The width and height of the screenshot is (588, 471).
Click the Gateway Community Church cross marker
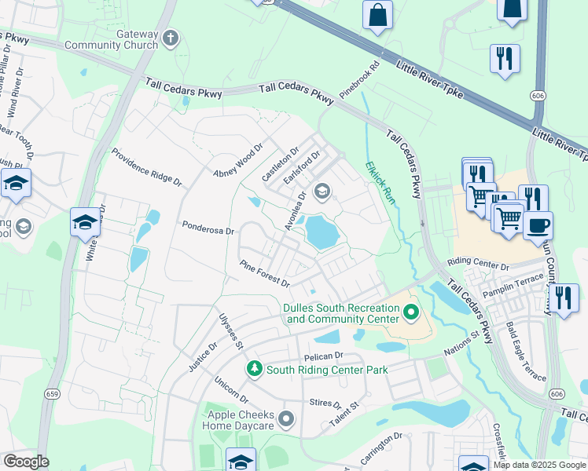pyautogui.click(x=171, y=38)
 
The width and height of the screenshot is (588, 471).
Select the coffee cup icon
pyautogui.click(x=538, y=225)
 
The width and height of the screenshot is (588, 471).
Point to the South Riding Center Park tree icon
pyautogui.click(x=254, y=368)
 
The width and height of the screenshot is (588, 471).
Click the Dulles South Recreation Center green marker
pyautogui.click(x=410, y=314)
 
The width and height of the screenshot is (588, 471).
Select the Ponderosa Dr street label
pyautogui.click(x=208, y=231)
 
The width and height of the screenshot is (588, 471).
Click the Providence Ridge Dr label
pyautogui.click(x=146, y=166)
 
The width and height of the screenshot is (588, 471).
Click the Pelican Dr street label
pyautogui.click(x=312, y=356)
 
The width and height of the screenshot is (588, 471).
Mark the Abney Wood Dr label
pyautogui.click(x=237, y=162)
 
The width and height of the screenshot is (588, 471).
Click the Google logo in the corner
pyautogui.click(x=26, y=462)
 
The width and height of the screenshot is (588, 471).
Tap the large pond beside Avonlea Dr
pyautogui.click(x=322, y=232)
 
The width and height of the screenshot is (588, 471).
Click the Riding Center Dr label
pyautogui.click(x=478, y=263)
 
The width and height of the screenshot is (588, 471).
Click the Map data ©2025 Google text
pyautogui.click(x=539, y=465)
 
